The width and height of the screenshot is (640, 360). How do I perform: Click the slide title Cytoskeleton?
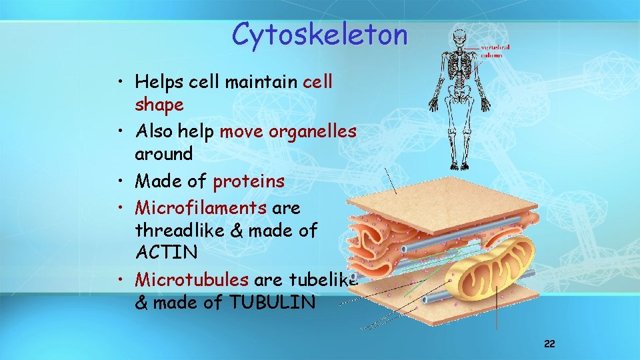click(319, 34)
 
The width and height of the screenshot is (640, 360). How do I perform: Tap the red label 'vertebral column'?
click(495, 51)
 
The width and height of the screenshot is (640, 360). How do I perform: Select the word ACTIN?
click(166, 252)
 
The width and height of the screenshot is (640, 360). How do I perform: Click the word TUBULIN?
click(272, 303)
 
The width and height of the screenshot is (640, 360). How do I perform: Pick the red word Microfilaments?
click(201, 208)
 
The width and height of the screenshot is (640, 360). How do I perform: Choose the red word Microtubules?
click(192, 280)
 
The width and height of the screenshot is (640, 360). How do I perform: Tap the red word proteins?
click(249, 181)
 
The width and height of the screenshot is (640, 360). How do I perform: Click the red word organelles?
click(313, 131)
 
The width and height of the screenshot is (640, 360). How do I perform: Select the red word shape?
click(159, 105)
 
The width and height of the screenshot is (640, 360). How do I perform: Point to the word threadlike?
click(179, 230)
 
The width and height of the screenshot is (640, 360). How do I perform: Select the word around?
click(163, 153)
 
